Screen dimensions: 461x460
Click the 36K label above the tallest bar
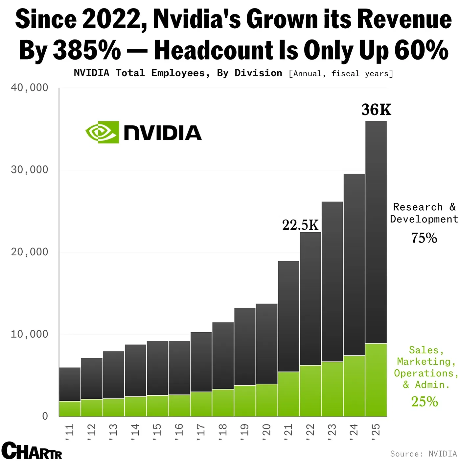(376, 110)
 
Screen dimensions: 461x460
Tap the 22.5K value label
(300, 225)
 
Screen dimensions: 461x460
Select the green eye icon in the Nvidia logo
(102, 132)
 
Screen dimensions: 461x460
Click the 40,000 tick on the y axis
(30, 88)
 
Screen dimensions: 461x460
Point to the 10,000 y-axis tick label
(30, 334)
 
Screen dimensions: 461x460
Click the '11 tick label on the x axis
(69, 430)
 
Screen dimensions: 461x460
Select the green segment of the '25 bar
(376, 380)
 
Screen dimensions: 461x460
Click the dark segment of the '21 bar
(288, 316)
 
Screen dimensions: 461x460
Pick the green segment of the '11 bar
(70, 409)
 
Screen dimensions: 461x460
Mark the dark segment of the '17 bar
(201, 362)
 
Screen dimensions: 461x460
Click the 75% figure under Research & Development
(424, 238)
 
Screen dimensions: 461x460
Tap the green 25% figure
(425, 402)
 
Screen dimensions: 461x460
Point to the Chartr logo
(32, 451)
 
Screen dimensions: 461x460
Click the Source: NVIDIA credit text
(423, 454)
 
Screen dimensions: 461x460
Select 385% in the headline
(87, 51)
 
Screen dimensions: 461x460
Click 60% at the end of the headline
(421, 51)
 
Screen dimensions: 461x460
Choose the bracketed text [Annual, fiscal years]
(341, 74)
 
